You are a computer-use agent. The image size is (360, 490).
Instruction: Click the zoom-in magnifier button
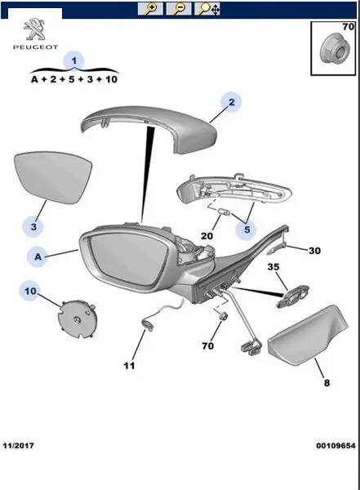coord(150,9)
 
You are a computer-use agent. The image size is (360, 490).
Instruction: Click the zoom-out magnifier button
coord(179,9)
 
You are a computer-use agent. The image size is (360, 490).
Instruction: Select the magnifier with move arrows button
coord(207,9)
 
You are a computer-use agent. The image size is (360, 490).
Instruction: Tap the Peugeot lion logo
coord(35,29)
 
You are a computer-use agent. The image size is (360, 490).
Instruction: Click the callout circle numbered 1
coord(74,60)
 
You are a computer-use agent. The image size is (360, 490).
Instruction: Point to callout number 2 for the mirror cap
coord(231,102)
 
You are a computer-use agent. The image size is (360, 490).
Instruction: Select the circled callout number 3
coord(33,226)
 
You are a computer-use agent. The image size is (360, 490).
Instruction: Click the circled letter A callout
coord(38,257)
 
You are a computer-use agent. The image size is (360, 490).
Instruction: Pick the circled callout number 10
coord(31,291)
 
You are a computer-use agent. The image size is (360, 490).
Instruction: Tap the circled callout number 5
coord(247,229)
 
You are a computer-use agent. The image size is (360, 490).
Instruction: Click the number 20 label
coord(207,236)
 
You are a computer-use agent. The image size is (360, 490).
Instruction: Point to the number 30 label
coord(314,251)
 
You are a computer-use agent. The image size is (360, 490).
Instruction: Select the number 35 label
coord(273,267)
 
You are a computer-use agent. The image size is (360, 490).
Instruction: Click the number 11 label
coord(129,365)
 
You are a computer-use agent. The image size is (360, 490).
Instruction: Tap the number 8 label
coord(327,383)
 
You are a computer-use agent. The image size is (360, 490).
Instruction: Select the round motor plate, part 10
coord(78,319)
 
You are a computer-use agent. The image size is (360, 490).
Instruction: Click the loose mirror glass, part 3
coord(53,177)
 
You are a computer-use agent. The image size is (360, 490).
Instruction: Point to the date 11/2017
coord(19,446)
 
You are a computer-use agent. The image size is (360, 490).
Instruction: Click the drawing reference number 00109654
coord(336,446)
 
